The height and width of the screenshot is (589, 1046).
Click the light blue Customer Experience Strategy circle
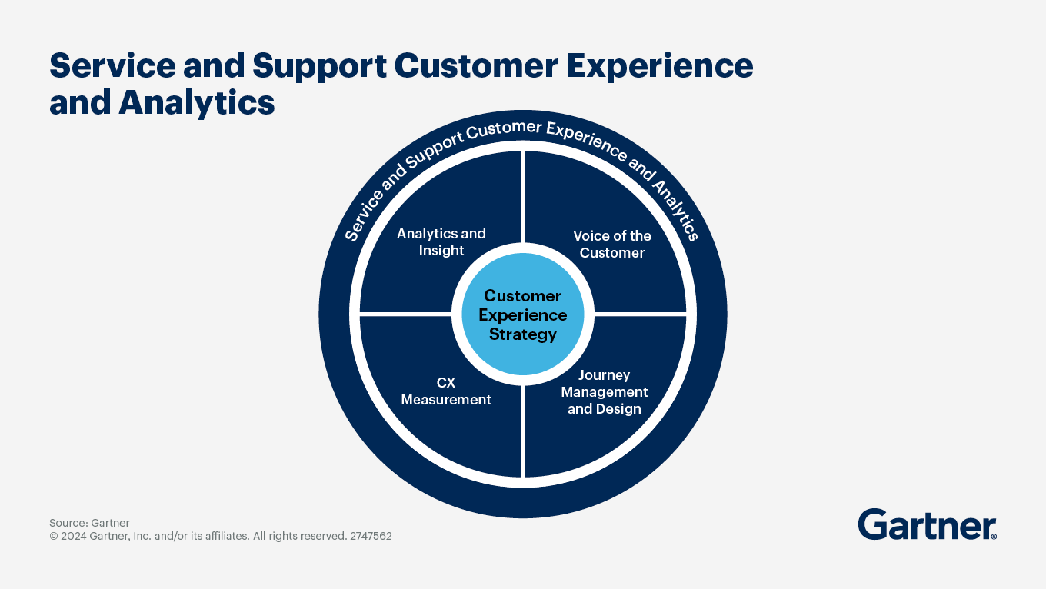[x=522, y=314]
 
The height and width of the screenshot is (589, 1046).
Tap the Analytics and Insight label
[x=441, y=241]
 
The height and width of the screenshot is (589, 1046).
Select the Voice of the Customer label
[x=611, y=244]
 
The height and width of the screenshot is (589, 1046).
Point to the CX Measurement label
[x=446, y=391]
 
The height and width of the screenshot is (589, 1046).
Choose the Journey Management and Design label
[x=605, y=391]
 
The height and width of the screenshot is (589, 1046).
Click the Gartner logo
[x=927, y=524]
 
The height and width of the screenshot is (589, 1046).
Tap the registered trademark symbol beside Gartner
[x=994, y=537]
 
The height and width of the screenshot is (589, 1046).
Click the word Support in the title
[x=319, y=67]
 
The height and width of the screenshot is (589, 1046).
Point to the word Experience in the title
[x=659, y=67]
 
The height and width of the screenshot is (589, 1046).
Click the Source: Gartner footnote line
[x=89, y=523]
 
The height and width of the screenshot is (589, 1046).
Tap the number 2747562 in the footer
[x=371, y=536]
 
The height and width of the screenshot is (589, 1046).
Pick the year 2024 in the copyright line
[x=74, y=536]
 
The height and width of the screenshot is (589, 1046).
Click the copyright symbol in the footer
[x=54, y=536]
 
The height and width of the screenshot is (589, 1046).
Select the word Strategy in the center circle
[x=522, y=334]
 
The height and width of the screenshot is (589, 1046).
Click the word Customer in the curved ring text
[x=504, y=129]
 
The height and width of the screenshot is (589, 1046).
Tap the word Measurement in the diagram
[x=446, y=400]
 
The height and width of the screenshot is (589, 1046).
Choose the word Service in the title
[x=112, y=66]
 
